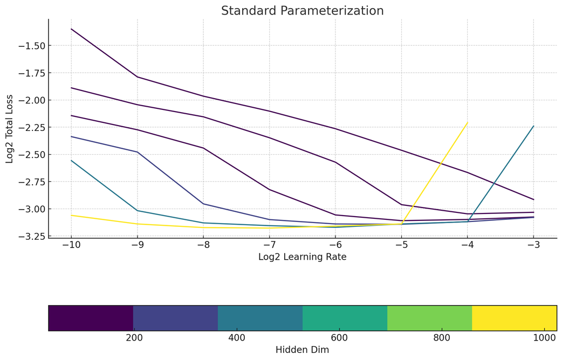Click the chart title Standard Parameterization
coord(302,11)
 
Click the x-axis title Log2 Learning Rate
coord(302,257)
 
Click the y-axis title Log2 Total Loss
coord(10,128)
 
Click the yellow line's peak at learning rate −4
coord(467,123)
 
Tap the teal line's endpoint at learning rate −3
coord(533,126)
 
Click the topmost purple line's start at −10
coord(71,29)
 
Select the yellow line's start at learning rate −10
coord(71,215)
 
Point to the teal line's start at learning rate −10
coord(71,161)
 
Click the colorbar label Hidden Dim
coord(302,350)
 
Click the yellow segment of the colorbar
coord(514,318)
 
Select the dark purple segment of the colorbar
coord(91,318)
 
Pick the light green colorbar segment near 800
coord(429,318)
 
